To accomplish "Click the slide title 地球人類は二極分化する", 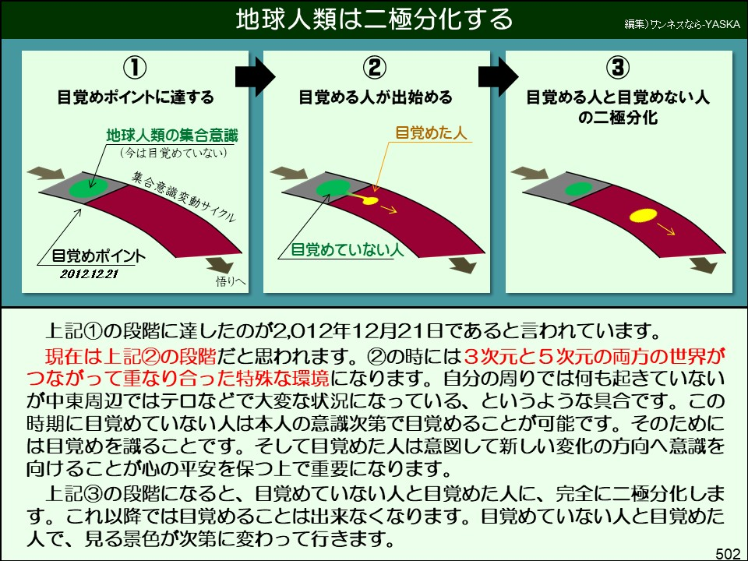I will coord(374,19).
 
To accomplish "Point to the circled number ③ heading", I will coord(618,69).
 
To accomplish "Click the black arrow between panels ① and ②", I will coord(256,76).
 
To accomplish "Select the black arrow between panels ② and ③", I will coord(498,76).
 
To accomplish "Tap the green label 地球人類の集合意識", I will coord(172,136).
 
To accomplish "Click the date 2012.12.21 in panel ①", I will coord(89,273).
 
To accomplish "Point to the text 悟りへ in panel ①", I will coord(231,282).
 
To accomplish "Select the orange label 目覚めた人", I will coord(431,132).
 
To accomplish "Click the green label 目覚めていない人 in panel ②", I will coord(347,250).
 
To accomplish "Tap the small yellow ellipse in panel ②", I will coord(370,200).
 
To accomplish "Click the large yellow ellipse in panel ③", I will coord(643,215).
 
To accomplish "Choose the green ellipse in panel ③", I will coord(576,189).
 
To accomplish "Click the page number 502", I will coord(727,552).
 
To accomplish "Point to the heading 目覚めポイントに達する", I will coord(136,98).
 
